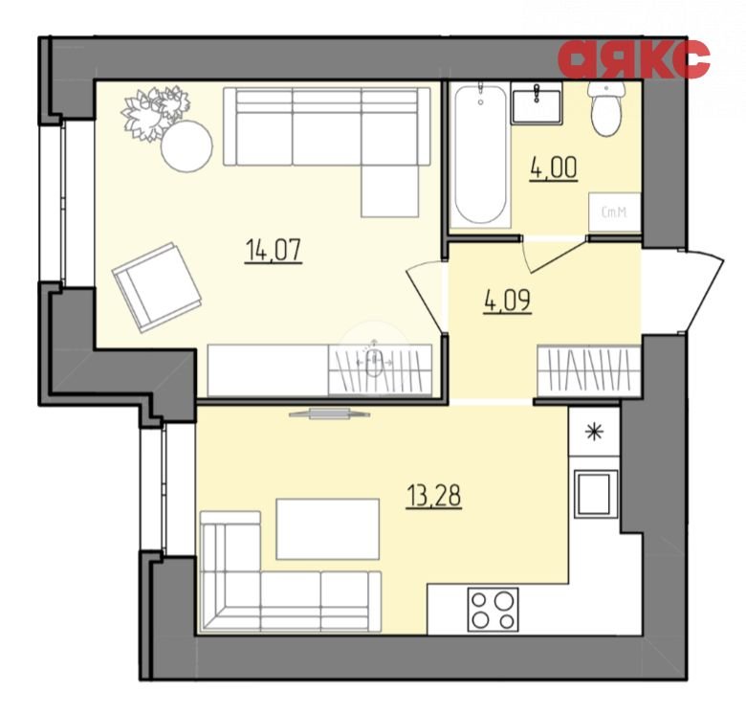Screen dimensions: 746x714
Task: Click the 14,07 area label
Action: (274, 251)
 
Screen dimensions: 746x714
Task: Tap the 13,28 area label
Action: (434, 497)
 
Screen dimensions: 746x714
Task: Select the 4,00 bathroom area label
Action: (554, 168)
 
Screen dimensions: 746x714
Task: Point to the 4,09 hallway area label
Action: (507, 301)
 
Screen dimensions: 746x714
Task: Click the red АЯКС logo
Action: (634, 58)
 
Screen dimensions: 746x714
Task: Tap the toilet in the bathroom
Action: (606, 108)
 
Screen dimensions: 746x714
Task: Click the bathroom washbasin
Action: (537, 103)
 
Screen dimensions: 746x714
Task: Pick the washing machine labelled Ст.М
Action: (614, 212)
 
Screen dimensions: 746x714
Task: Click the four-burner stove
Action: (493, 610)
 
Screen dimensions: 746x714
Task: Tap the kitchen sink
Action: (596, 494)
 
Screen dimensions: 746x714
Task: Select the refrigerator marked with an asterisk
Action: (594, 432)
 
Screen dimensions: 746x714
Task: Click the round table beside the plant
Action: (186, 146)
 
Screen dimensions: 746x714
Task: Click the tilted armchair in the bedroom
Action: (156, 287)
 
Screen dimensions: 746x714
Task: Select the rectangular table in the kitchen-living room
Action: (327, 529)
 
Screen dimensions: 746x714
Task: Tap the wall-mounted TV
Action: (329, 413)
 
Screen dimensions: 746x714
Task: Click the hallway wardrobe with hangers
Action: (588, 370)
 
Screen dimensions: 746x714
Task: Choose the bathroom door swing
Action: (553, 256)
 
